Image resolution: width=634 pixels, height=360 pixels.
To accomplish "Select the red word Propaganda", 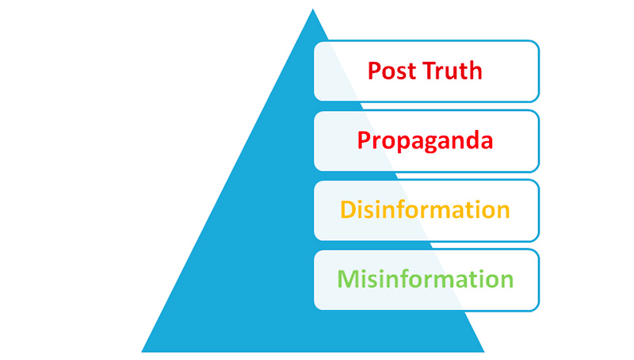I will [425, 140].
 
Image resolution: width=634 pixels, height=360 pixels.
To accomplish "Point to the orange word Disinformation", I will [425, 210].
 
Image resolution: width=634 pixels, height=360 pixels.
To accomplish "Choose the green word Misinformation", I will [426, 279].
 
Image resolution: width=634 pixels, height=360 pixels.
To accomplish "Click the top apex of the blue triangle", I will [312, 10].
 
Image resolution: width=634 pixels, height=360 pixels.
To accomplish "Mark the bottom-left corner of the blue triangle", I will [143, 350].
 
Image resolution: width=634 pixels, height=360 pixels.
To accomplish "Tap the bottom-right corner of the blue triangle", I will [483, 350].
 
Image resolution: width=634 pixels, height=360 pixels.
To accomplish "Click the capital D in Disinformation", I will [347, 210].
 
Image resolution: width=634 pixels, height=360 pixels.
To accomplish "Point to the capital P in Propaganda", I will [364, 140].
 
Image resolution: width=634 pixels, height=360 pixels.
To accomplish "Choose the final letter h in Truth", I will [475, 71].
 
